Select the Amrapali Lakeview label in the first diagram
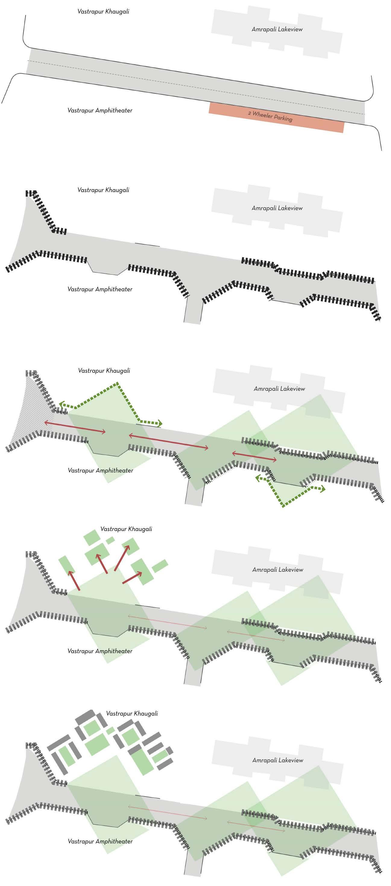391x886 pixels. coord(277,29)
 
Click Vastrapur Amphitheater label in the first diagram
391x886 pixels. coord(100,110)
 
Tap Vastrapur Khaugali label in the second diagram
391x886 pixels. coord(103,190)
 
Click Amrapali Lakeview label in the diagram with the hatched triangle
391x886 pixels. coord(279,389)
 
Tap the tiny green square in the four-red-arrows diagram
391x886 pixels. coord(110,540)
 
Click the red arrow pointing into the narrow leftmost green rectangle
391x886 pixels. coord(74,581)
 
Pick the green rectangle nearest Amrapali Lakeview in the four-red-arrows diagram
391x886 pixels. coord(159,566)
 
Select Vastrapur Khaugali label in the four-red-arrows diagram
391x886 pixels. coord(126,529)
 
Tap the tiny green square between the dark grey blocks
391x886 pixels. coord(110,730)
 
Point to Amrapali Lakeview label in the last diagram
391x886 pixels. coord(278,760)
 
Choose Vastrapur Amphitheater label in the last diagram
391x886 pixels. coord(100,841)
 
